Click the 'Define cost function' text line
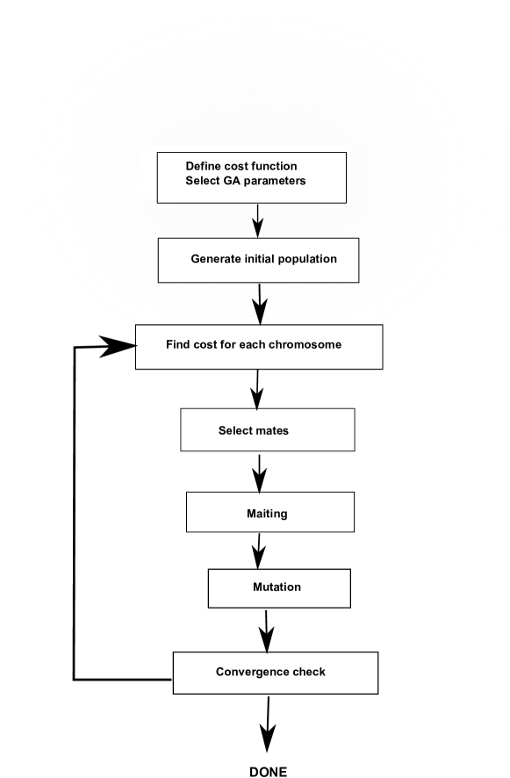click(x=241, y=166)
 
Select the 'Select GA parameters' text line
click(x=245, y=181)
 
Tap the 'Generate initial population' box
click(x=258, y=260)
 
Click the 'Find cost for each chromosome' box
click(x=259, y=346)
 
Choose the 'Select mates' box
click(x=267, y=430)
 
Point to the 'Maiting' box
click(x=269, y=512)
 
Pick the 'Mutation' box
click(x=278, y=588)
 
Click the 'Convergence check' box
click(x=275, y=673)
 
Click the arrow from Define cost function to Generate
click(x=258, y=221)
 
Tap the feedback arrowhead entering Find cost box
click(x=118, y=347)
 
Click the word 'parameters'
click(x=276, y=181)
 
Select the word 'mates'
click(x=271, y=430)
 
